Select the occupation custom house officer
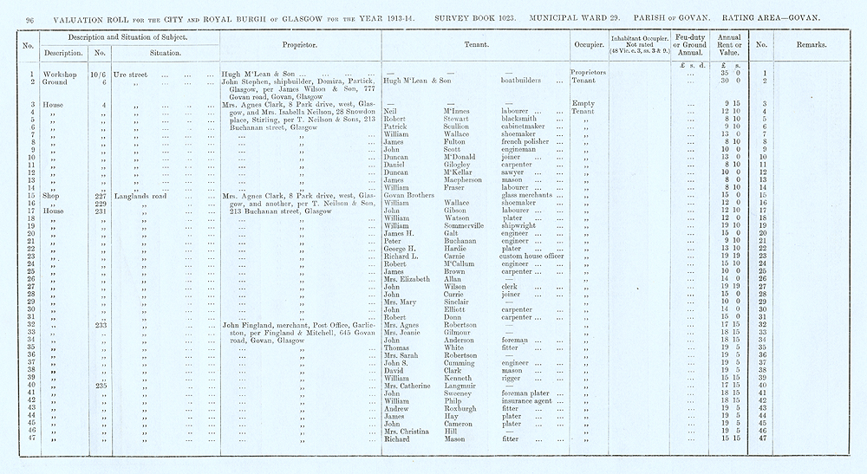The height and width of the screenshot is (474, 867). [531, 256]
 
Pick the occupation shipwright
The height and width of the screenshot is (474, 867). [523, 225]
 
